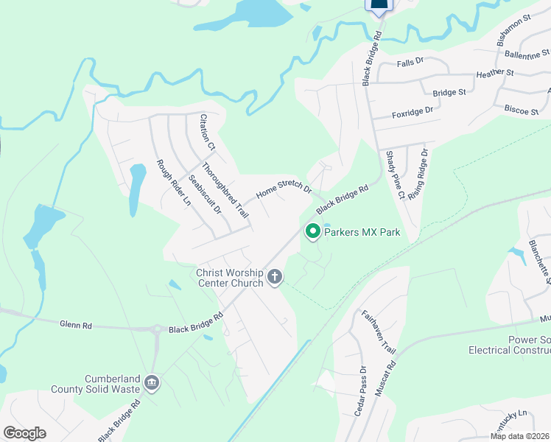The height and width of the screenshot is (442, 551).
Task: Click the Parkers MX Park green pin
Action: [312, 231]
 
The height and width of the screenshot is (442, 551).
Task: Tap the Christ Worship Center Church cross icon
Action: [275, 277]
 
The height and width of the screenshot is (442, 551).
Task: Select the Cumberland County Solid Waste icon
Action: [152, 382]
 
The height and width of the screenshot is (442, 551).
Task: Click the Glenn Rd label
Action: [76, 324]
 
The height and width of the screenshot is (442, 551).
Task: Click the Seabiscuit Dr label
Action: [205, 194]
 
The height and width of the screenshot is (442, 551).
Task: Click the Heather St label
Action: [494, 74]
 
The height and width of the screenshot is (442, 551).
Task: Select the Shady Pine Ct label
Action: [395, 175]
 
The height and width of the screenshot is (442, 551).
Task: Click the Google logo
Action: [24, 433]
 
